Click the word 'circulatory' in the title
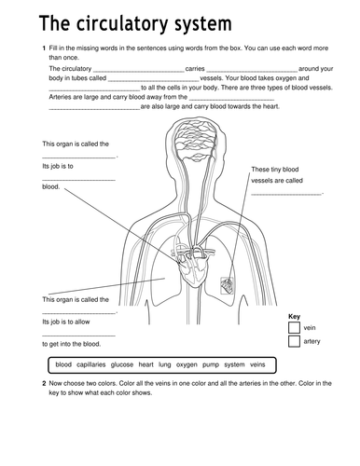[122, 23]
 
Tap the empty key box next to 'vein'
[294, 327]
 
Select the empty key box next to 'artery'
[294, 341]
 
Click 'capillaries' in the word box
[91, 364]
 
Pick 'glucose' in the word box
[122, 364]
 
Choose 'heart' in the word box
[145, 364]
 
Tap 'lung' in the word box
[165, 364]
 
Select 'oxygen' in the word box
[187, 365]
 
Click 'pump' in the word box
[211, 365]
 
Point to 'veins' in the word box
[257, 364]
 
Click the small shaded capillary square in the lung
[227, 286]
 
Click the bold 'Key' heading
[294, 317]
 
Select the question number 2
[44, 383]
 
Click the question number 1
[44, 48]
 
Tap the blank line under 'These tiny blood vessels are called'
[286, 195]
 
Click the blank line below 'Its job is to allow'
[78, 336]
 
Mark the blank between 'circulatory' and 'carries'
[139, 72]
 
